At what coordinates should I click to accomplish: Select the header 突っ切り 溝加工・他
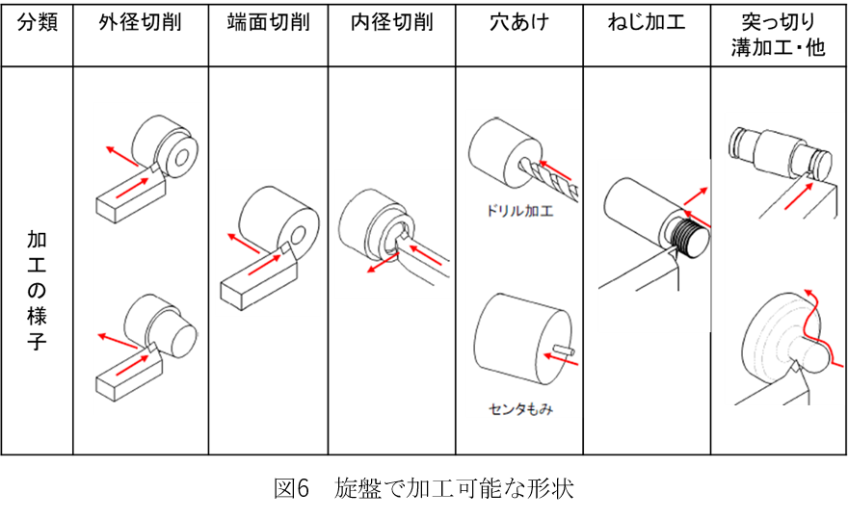click(779, 35)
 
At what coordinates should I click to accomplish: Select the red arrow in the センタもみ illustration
click(553, 354)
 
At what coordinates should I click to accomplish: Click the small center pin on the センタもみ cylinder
click(567, 349)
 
